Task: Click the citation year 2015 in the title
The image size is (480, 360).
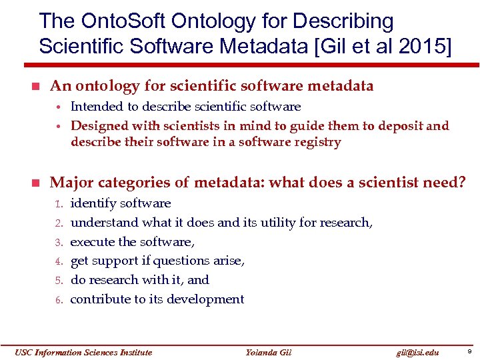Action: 425,47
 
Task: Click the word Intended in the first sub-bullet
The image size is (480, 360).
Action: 97,107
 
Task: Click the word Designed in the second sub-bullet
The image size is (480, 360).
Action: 100,126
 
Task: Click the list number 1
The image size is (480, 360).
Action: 58,204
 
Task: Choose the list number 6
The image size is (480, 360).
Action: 58,300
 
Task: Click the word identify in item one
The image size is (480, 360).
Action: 93,203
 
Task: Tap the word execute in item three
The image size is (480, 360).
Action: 93,242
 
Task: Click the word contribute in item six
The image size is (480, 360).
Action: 101,299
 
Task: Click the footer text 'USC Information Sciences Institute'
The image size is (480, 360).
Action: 84,352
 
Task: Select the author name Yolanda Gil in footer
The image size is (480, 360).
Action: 269,352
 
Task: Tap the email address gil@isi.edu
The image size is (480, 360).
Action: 417,352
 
